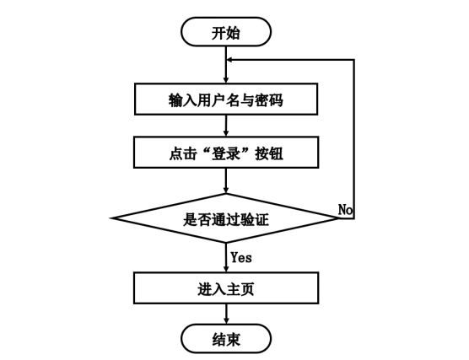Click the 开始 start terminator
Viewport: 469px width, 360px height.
click(226, 33)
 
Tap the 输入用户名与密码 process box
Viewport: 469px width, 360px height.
click(226, 99)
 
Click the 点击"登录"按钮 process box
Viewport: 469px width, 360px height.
click(226, 153)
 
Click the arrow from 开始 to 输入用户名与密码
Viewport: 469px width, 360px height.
click(226, 66)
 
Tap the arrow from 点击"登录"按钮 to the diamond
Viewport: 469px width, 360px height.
click(226, 180)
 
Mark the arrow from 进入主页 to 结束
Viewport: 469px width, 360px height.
click(226, 314)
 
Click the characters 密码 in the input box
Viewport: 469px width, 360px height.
click(268, 99)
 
